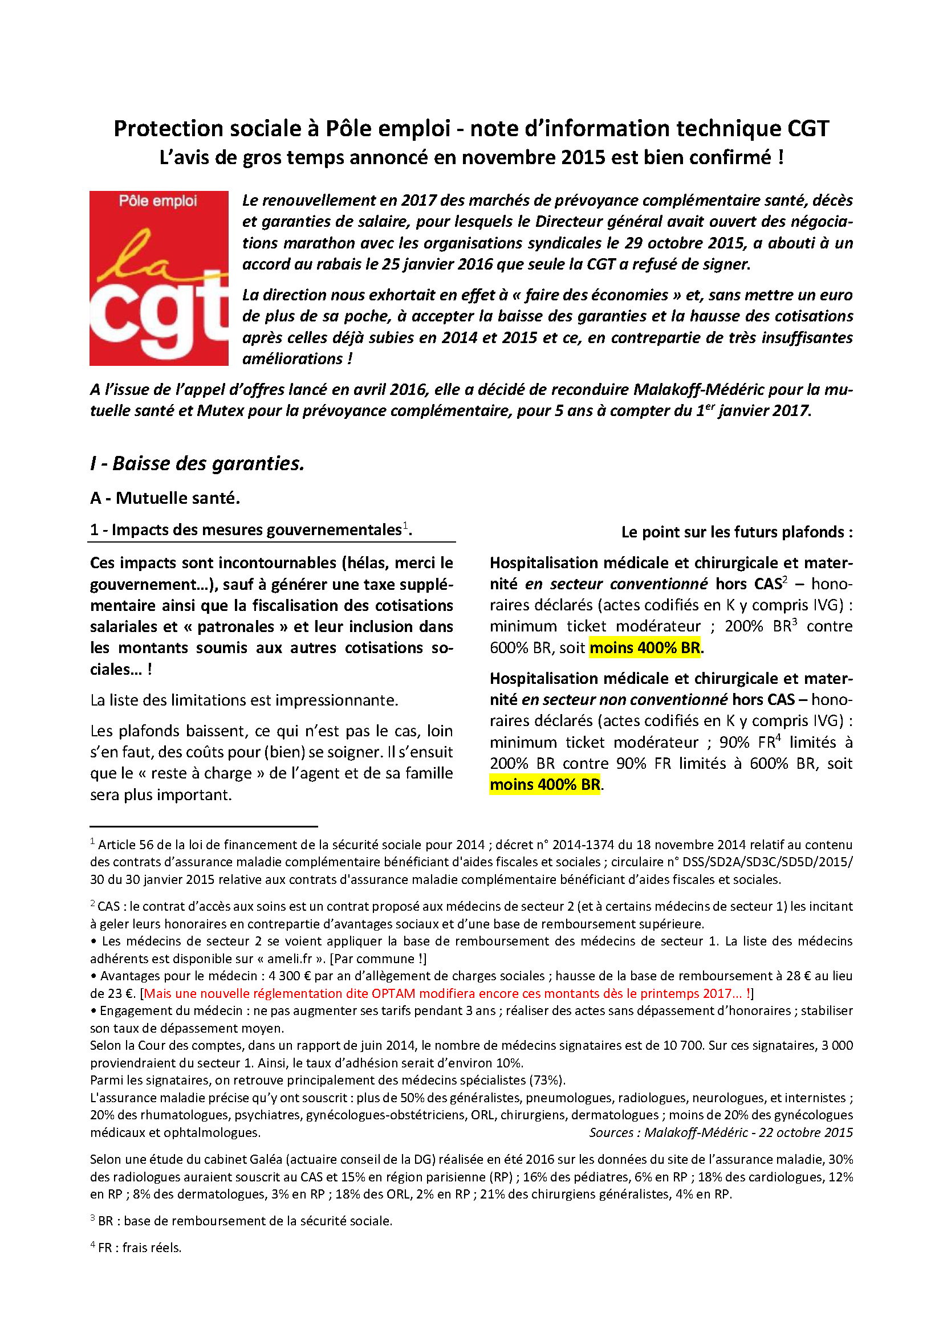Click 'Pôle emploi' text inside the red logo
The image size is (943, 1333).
click(x=158, y=201)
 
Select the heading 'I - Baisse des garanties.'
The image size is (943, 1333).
click(x=197, y=463)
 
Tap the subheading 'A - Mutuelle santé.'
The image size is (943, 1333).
click(x=165, y=498)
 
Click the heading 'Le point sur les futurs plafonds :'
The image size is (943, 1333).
click(x=736, y=532)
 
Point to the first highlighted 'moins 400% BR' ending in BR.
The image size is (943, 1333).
click(x=645, y=647)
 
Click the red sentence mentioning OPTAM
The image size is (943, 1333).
click(x=447, y=993)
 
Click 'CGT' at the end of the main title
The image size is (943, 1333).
click(x=808, y=128)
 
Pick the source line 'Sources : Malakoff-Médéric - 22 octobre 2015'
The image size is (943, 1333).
click(x=721, y=1133)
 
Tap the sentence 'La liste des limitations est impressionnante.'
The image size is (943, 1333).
click(x=244, y=700)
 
